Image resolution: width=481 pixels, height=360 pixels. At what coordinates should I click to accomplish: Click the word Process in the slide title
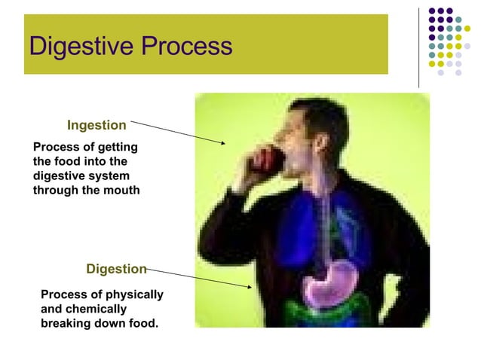[186, 47]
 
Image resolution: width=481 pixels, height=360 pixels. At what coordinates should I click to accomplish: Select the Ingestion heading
[97, 125]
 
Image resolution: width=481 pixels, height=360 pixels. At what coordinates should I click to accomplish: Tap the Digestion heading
[116, 269]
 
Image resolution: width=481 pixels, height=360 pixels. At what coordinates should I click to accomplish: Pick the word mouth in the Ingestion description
[122, 190]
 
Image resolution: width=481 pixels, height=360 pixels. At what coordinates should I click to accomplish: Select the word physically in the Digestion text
[133, 294]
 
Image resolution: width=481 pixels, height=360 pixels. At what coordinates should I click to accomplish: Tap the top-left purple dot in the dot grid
[432, 11]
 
